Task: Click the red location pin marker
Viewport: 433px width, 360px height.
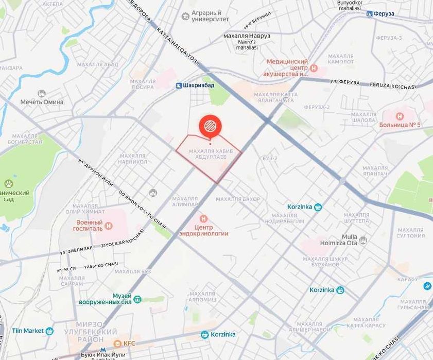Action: pos(210,126)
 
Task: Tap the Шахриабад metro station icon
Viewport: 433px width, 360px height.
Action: pos(178,85)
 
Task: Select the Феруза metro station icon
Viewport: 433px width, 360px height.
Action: pos(369,13)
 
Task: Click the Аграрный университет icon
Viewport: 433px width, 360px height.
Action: pos(185,16)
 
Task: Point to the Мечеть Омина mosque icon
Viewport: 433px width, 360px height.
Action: pos(42,93)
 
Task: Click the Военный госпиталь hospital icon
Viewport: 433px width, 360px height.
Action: pos(108,225)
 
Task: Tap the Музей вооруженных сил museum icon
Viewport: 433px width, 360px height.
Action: pos(137,299)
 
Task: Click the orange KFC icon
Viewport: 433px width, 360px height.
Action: pos(116,343)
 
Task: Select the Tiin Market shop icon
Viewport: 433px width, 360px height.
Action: pos(49,331)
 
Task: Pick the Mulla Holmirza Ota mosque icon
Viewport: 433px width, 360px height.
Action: pos(363,239)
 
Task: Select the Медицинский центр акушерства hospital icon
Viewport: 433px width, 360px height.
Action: pos(314,67)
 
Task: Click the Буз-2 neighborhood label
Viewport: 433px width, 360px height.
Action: pos(270,158)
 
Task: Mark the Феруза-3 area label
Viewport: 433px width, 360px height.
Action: pos(389,38)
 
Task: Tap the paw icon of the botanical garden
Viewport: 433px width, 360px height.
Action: pos(8,183)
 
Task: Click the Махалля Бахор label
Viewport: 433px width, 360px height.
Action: pos(238,199)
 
